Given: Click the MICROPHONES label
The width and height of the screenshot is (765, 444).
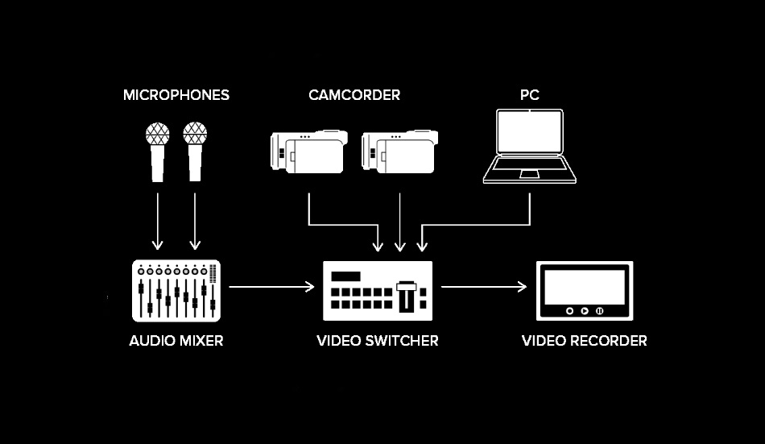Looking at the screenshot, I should (x=176, y=95).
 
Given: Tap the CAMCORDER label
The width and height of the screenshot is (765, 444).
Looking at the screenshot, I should (x=354, y=95).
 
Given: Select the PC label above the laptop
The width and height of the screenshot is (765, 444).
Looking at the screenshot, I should (x=529, y=95).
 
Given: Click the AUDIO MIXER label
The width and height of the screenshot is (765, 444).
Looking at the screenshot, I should (x=176, y=341).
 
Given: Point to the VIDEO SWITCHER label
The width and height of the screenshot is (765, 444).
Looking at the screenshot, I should (x=378, y=341).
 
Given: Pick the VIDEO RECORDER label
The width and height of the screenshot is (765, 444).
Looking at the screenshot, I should (x=584, y=341).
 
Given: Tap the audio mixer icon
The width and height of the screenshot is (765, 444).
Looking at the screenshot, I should (x=176, y=291).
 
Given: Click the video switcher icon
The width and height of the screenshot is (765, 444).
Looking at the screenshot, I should (x=378, y=291).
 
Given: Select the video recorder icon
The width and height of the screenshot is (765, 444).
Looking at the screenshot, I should (x=584, y=291).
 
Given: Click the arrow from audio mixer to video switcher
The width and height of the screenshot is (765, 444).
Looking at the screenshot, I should (x=271, y=286).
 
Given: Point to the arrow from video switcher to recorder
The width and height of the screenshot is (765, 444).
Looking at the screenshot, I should (x=484, y=286).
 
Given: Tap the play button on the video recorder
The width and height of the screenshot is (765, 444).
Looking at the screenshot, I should (x=584, y=310).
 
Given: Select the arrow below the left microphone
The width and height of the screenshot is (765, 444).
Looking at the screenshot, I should (x=158, y=218).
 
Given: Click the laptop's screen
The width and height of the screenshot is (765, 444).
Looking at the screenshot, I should (x=529, y=134).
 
